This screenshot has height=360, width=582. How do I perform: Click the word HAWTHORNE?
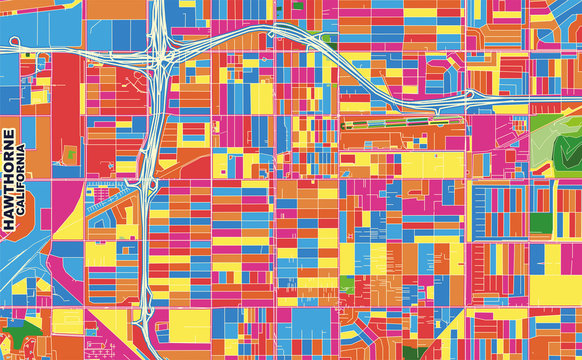[9, 180]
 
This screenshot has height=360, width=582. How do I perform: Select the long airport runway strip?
[400, 127]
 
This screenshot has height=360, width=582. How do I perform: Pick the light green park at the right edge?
[555, 140]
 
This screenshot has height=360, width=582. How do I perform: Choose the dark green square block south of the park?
[539, 219]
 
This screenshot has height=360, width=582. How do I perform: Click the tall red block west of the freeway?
[65, 110]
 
